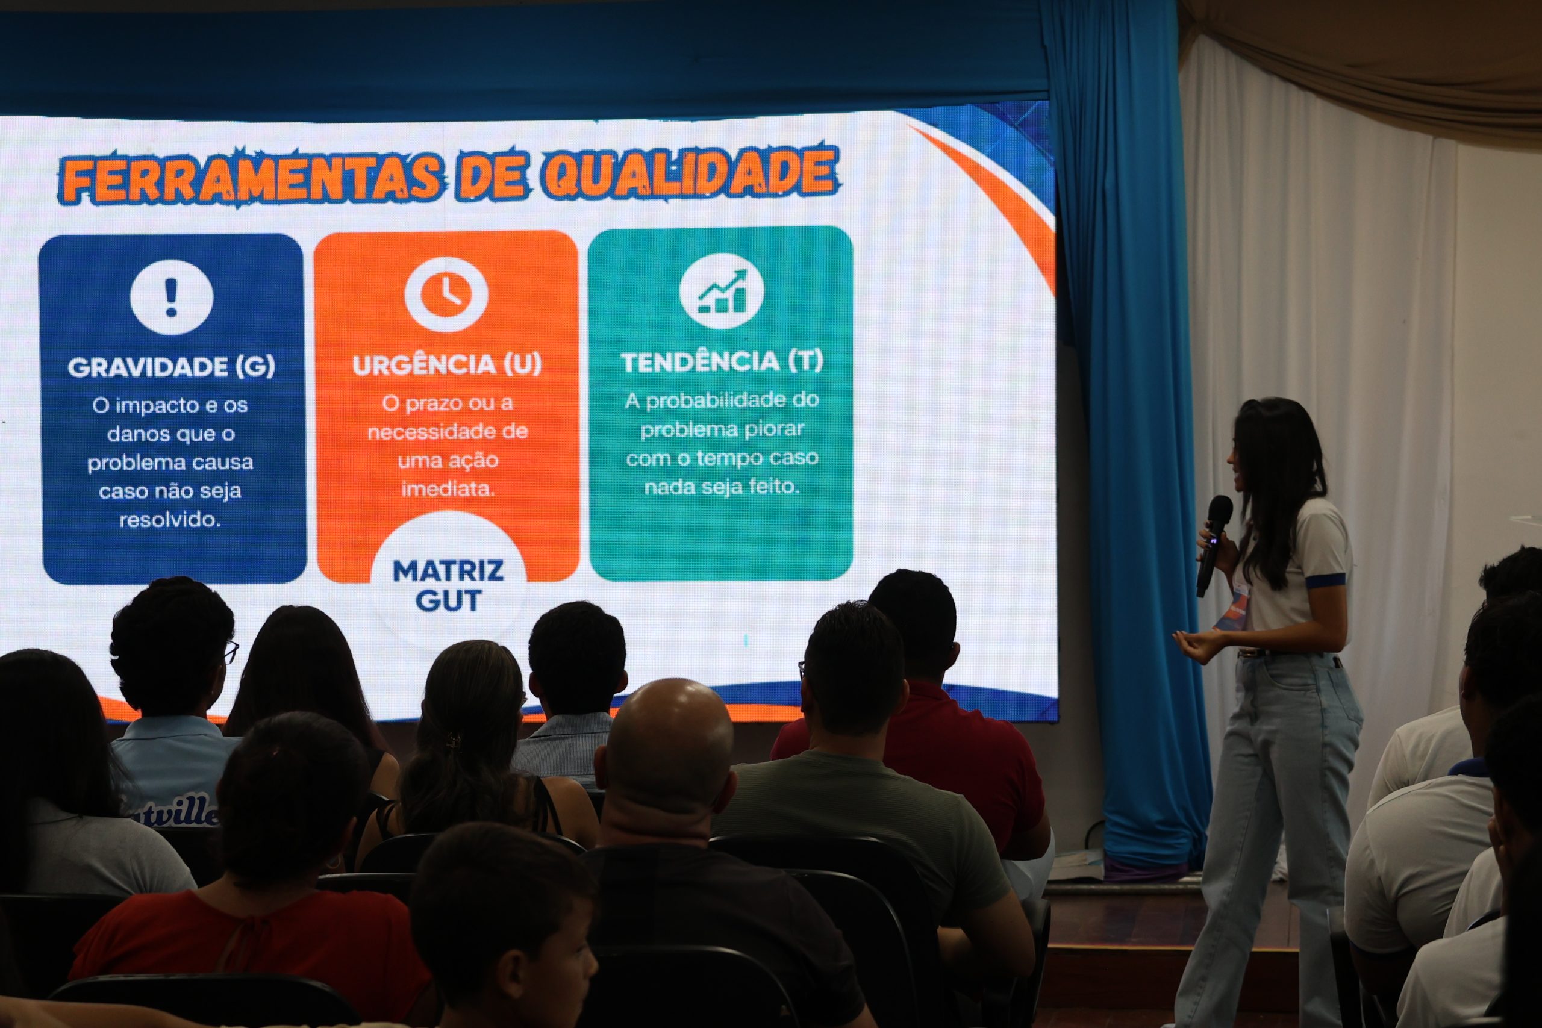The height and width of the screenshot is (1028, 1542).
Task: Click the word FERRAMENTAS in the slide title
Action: pyautogui.click(x=251, y=178)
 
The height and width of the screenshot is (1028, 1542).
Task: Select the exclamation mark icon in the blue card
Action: pyautogui.click(x=171, y=297)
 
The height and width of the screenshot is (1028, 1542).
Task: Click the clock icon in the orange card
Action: pyautogui.click(x=446, y=294)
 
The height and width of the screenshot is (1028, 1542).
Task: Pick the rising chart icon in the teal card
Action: pyautogui.click(x=721, y=290)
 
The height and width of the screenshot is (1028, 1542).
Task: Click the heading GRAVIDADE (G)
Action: pyautogui.click(x=171, y=367)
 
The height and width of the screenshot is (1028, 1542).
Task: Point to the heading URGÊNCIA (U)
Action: pyautogui.click(x=447, y=364)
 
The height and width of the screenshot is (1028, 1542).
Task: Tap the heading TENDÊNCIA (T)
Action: pyautogui.click(x=722, y=361)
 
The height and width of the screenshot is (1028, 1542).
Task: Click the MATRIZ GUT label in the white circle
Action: pyautogui.click(x=448, y=585)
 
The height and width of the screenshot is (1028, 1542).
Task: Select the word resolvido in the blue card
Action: pyautogui.click(x=170, y=520)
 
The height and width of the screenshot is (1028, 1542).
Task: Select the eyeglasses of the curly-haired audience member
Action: pyautogui.click(x=231, y=651)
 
